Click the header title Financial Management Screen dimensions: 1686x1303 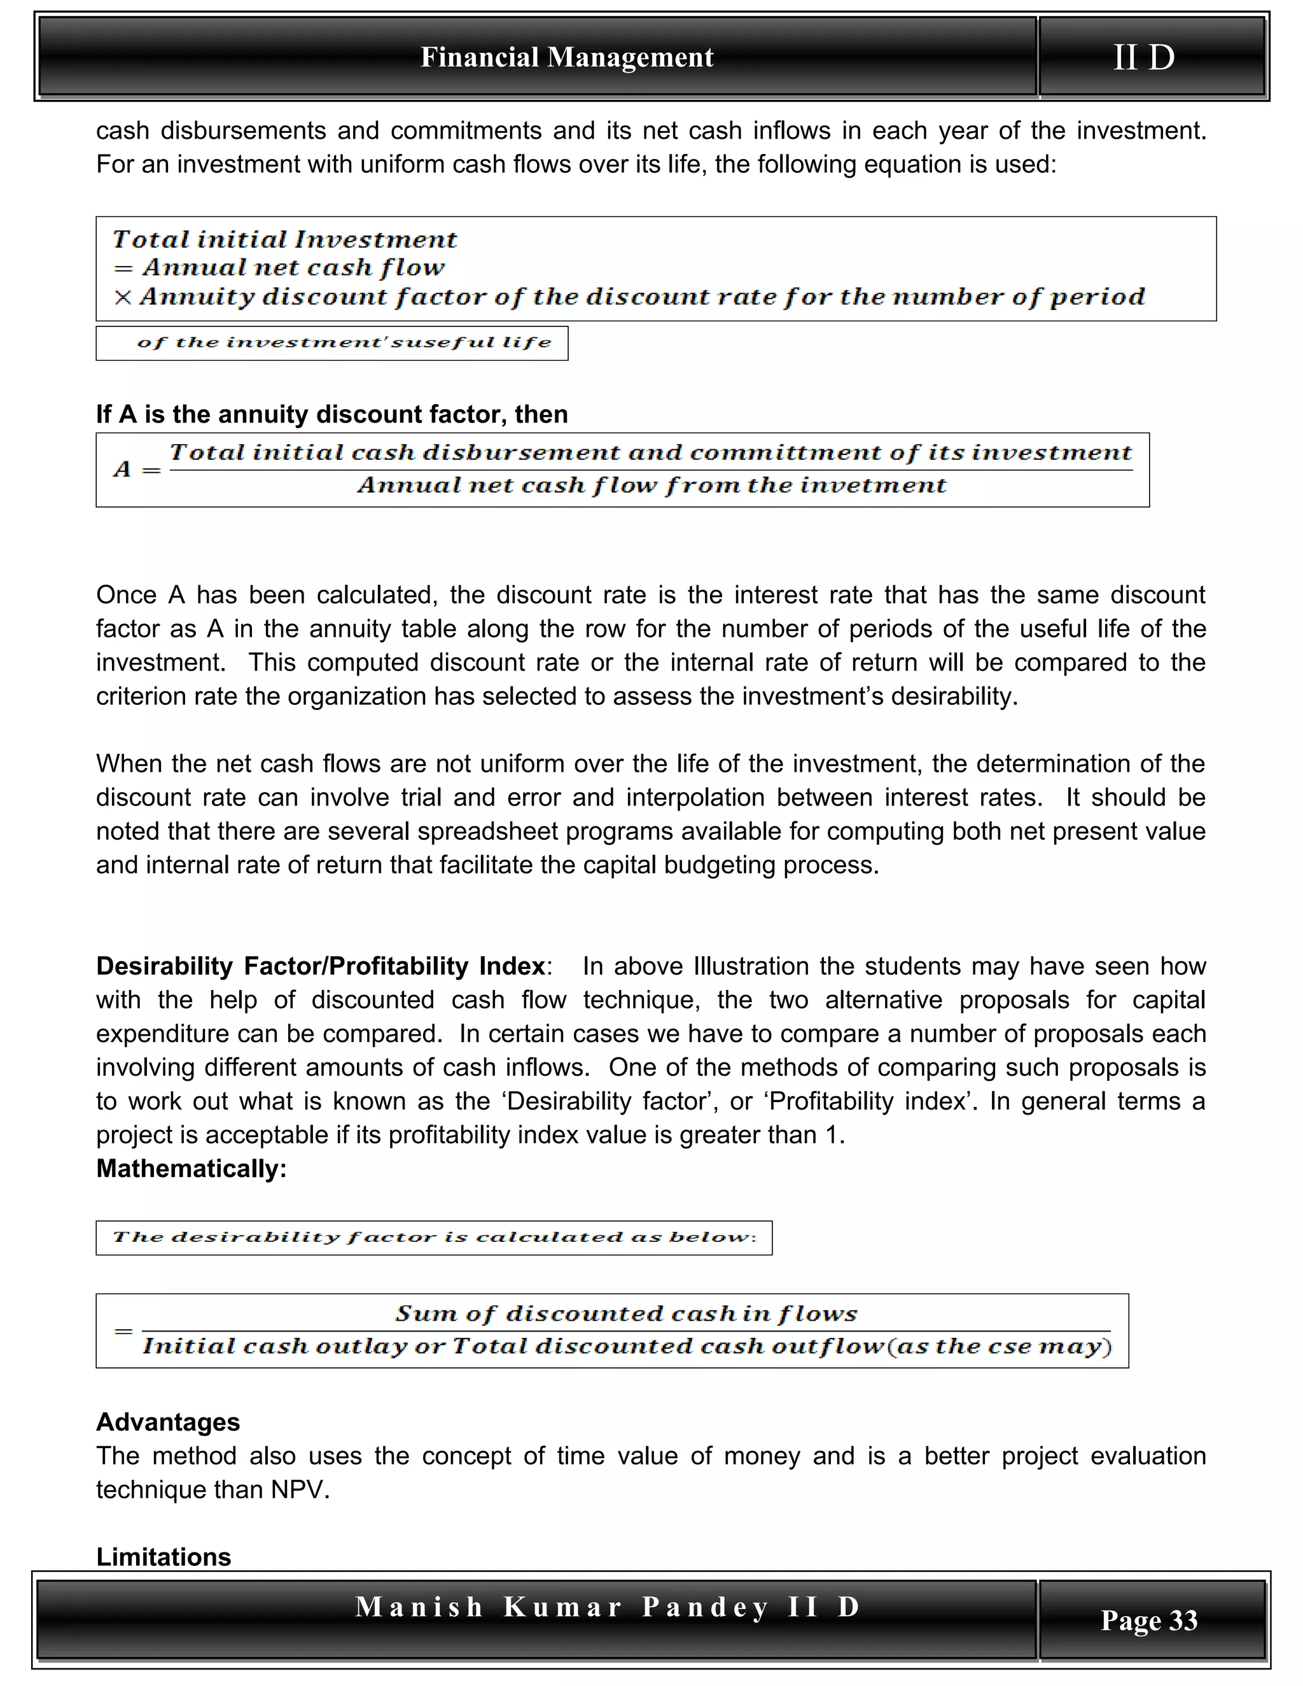click(x=567, y=57)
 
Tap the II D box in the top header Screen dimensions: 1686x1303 click(x=1144, y=57)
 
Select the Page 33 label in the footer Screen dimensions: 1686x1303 click(x=1148, y=1620)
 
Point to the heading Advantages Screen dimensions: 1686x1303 click(x=167, y=1421)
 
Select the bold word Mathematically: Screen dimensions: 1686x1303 click(x=192, y=1168)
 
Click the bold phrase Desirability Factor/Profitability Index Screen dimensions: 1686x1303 click(x=321, y=966)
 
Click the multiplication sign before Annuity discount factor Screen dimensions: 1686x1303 click(x=122, y=297)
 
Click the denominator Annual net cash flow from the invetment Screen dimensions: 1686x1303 click(x=651, y=485)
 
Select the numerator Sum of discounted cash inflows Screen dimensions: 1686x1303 click(x=626, y=1313)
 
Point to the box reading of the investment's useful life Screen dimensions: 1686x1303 click(x=344, y=343)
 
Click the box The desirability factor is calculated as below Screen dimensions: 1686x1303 click(x=434, y=1237)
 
